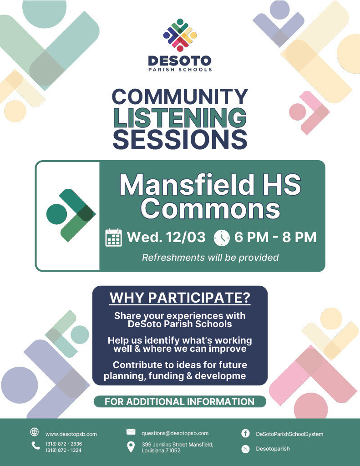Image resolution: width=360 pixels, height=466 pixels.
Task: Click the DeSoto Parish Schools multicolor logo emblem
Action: click(x=180, y=35)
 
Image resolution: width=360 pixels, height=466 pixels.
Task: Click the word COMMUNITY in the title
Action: click(x=180, y=96)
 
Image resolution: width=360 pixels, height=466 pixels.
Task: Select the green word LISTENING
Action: click(x=180, y=118)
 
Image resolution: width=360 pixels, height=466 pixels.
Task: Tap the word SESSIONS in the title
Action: click(x=180, y=139)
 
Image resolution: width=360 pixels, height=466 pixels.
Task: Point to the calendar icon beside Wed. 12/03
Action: click(x=114, y=238)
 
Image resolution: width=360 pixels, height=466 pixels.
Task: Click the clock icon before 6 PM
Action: click(x=222, y=238)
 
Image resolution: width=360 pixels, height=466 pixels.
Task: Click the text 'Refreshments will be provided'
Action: click(x=210, y=258)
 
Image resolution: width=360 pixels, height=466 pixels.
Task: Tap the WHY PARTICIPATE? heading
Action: click(x=180, y=298)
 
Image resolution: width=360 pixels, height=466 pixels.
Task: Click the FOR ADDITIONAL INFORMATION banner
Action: click(x=180, y=401)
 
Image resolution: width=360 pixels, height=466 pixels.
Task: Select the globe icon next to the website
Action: click(x=35, y=432)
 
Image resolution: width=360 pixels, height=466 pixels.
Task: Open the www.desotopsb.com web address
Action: click(x=71, y=434)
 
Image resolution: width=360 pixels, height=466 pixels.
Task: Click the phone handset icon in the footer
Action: click(x=35, y=445)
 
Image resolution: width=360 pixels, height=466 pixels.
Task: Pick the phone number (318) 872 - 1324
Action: click(x=64, y=450)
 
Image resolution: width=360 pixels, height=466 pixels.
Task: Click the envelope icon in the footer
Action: click(x=131, y=431)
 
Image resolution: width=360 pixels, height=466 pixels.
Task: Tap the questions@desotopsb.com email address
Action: click(x=175, y=433)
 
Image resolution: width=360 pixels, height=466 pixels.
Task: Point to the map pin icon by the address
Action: click(x=131, y=447)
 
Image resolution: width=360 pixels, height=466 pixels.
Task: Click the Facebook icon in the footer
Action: click(x=245, y=433)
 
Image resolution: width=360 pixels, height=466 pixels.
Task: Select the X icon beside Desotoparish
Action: click(x=245, y=449)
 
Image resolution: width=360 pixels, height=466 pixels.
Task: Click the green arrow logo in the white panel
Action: click(x=71, y=215)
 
